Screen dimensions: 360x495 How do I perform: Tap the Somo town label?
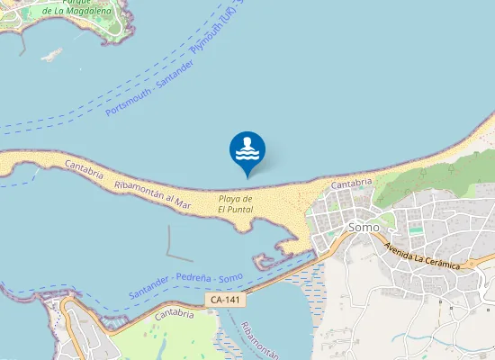pyautogui.click(x=364, y=228)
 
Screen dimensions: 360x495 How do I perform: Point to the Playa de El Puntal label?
pyautogui.click(x=236, y=204)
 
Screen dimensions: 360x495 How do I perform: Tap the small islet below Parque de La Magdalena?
pyautogui.click(x=52, y=55)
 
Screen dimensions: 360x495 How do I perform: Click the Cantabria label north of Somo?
pyautogui.click(x=352, y=183)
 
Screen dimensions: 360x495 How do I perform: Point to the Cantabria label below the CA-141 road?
pyautogui.click(x=175, y=315)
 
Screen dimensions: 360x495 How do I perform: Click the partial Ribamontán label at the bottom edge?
pyautogui.click(x=256, y=341)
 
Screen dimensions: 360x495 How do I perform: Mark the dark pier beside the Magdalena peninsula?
pyautogui.click(x=22, y=45)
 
